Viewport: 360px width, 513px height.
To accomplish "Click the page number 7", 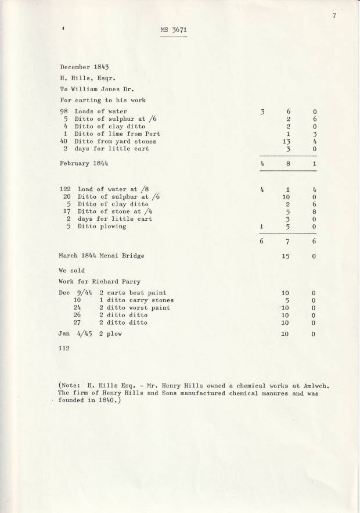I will click(x=335, y=16).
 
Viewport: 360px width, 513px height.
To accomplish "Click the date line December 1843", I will click(x=84, y=68).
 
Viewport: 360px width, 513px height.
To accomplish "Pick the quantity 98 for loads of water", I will click(x=64, y=111).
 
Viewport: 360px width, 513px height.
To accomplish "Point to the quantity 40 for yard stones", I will click(x=64, y=141).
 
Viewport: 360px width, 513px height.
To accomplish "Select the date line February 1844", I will click(x=84, y=164).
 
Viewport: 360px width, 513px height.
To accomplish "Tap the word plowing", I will click(x=113, y=227).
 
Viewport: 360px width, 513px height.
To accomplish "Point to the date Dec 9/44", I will click(x=74, y=293).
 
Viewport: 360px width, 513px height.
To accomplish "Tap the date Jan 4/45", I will click(x=74, y=334).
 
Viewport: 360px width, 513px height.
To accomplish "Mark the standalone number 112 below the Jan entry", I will click(x=64, y=348).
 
